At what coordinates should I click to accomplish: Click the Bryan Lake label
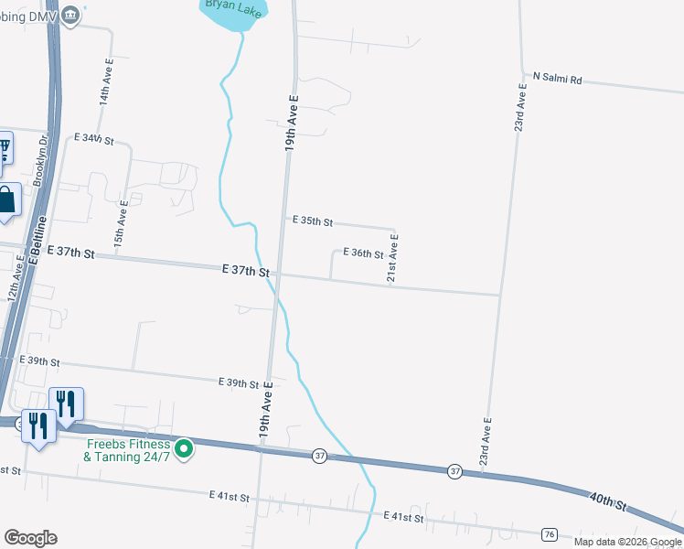232,5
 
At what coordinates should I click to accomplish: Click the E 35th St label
312,221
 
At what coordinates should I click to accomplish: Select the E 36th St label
362,253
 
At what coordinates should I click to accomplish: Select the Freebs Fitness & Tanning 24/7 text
128,449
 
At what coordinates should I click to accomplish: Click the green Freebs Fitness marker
184,448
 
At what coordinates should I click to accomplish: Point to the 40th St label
608,501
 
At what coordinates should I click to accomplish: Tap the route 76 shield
549,534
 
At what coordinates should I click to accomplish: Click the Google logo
30,538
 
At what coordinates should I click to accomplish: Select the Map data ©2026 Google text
627,542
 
